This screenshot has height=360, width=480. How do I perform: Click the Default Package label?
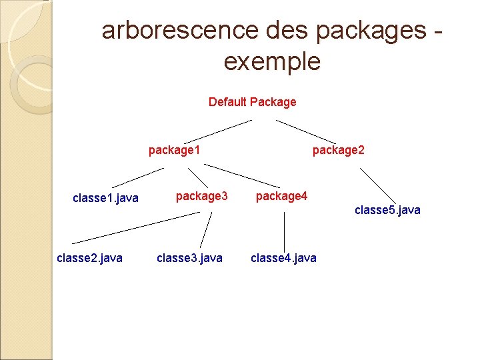(x=252, y=102)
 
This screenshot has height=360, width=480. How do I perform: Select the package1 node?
(x=175, y=150)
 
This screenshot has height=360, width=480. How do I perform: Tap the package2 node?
(x=339, y=150)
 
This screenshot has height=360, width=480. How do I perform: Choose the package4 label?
(x=281, y=196)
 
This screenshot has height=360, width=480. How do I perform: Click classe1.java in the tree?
(x=105, y=197)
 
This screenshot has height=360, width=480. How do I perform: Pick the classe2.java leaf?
(x=90, y=257)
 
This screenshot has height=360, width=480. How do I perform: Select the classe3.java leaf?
(x=189, y=257)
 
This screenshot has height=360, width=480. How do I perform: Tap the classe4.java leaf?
(x=284, y=257)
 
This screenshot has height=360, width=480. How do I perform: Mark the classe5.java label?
(x=387, y=210)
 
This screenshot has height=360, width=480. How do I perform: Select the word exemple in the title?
(x=272, y=61)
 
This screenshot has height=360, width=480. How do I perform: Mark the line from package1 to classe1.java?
(x=137, y=177)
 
